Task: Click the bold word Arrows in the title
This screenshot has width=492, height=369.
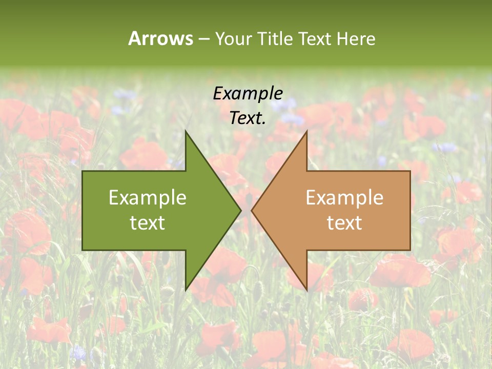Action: pos(160,38)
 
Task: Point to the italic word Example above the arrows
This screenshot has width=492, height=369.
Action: pos(248,94)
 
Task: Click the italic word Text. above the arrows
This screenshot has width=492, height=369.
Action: pos(248,118)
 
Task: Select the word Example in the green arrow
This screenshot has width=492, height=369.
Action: pos(148,198)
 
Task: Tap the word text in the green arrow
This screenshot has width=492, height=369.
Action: pos(148,223)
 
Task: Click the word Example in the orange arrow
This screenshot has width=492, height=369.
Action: pos(344,198)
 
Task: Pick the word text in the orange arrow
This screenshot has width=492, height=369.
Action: pos(344,223)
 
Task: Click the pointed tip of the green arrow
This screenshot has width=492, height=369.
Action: pos(240,210)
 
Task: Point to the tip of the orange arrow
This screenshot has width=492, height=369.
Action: pos(252,210)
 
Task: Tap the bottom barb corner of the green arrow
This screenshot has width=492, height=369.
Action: pos(186,290)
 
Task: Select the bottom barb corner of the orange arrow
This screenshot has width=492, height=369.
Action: pos(306,290)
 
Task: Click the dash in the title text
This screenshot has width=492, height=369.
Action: pos(203,39)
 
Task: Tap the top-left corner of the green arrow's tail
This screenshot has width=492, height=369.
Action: pos(83,171)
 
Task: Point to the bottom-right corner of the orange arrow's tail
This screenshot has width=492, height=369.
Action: pos(410,250)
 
